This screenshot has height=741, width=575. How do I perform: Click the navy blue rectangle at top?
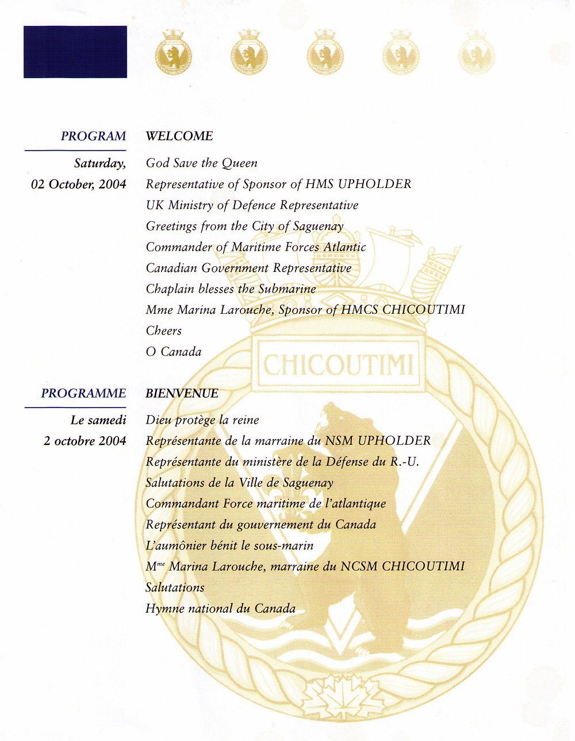point(75,52)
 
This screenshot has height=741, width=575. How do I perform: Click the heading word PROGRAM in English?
point(93,136)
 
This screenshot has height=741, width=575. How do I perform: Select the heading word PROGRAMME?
point(83,393)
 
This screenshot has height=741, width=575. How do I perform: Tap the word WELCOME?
point(179,136)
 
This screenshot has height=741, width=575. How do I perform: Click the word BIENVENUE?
point(182,393)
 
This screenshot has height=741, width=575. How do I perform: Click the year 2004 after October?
point(112,185)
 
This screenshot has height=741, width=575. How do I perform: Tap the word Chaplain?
point(170,289)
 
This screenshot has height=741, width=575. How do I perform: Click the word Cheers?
point(164,331)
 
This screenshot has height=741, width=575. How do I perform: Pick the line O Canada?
point(174,352)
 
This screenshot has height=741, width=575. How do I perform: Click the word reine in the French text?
point(246,420)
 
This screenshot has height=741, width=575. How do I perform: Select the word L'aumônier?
point(176,546)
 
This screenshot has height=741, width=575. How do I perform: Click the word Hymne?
point(165,609)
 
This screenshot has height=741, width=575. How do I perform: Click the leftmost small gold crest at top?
point(173,53)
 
